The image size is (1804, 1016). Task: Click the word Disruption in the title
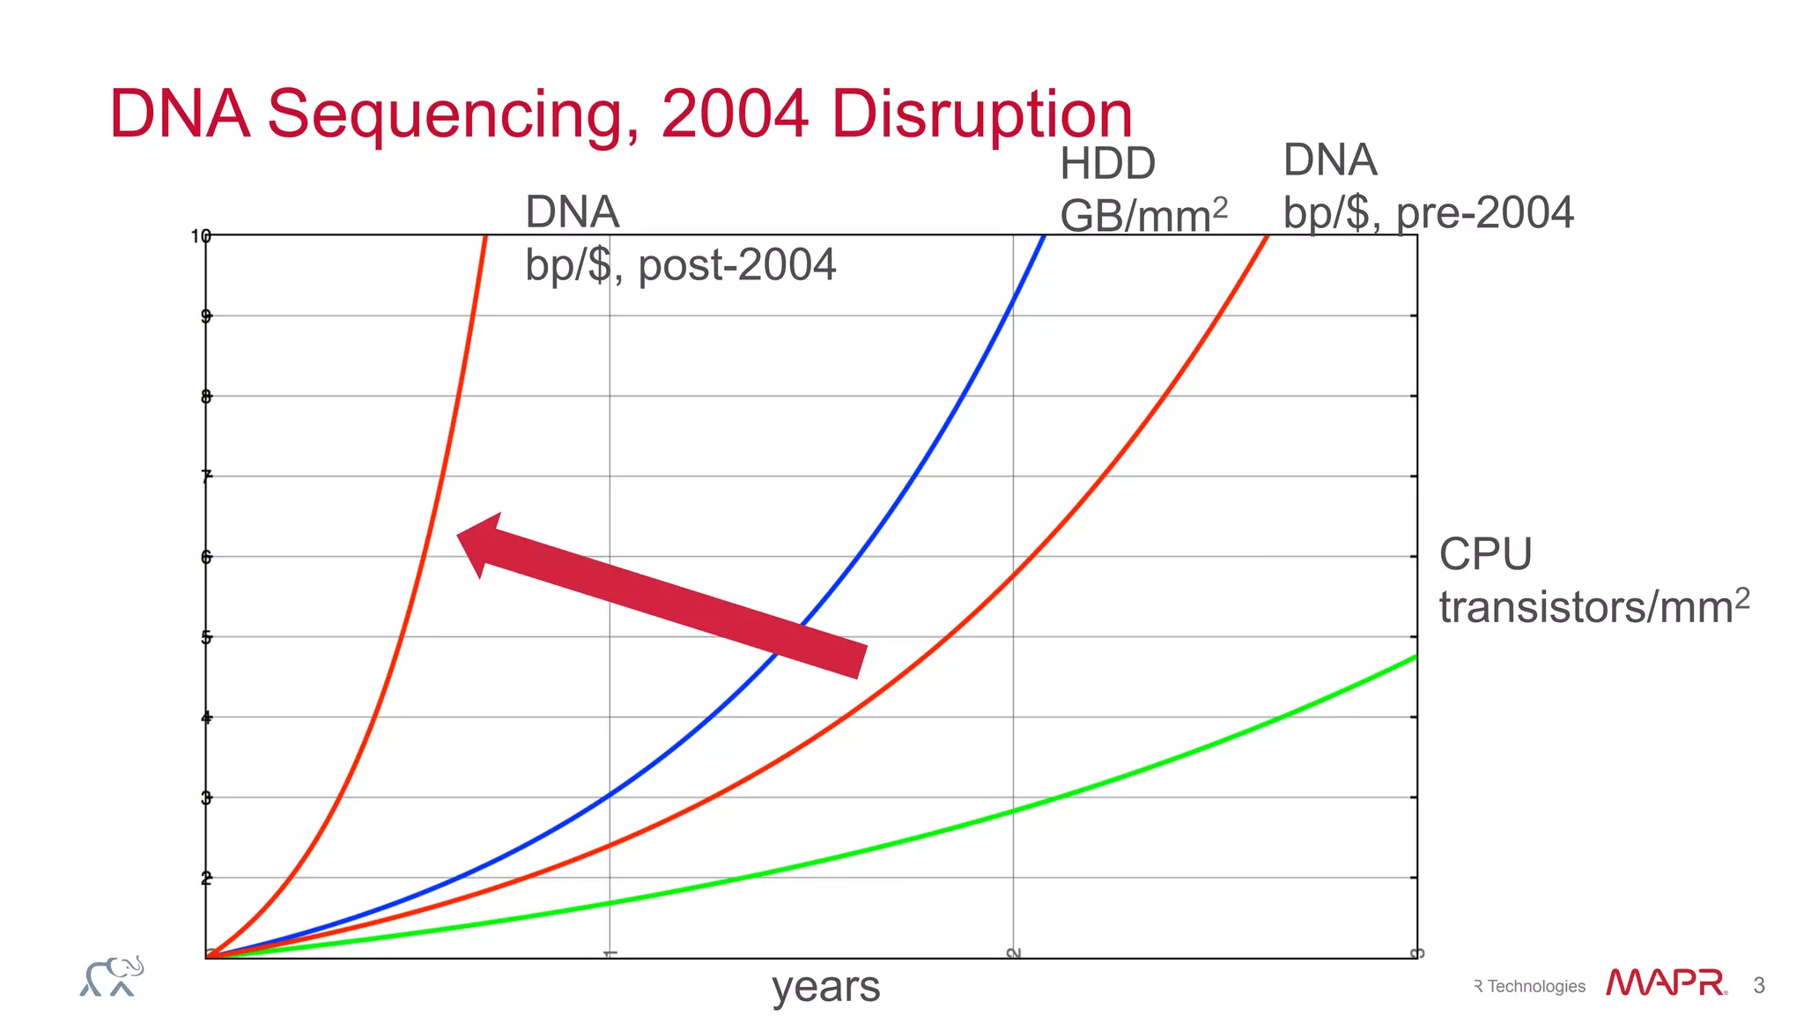pyautogui.click(x=981, y=115)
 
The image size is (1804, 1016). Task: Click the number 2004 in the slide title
pyautogui.click(x=735, y=115)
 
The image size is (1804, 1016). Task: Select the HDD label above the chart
pyautogui.click(x=1107, y=164)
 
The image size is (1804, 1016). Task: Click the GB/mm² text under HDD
pyautogui.click(x=1142, y=215)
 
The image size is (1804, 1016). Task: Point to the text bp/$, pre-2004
pyautogui.click(x=1427, y=213)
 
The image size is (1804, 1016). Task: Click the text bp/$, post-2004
pyautogui.click(x=680, y=265)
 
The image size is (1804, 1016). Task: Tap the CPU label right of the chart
pyautogui.click(x=1485, y=555)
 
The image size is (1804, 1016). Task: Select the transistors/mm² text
pyautogui.click(x=1593, y=607)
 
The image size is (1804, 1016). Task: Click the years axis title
pyautogui.click(x=825, y=987)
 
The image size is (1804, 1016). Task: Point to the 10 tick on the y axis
pyautogui.click(x=201, y=236)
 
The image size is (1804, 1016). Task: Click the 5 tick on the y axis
pyautogui.click(x=206, y=637)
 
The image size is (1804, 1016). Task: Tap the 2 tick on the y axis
pyautogui.click(x=206, y=878)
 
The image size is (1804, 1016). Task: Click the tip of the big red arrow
pyautogui.click(x=460, y=534)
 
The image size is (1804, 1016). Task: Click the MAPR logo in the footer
pyautogui.click(x=1665, y=983)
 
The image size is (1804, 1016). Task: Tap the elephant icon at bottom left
pyautogui.click(x=112, y=976)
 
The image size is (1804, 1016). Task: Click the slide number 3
pyautogui.click(x=1759, y=985)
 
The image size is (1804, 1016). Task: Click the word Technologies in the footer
pyautogui.click(x=1535, y=987)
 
